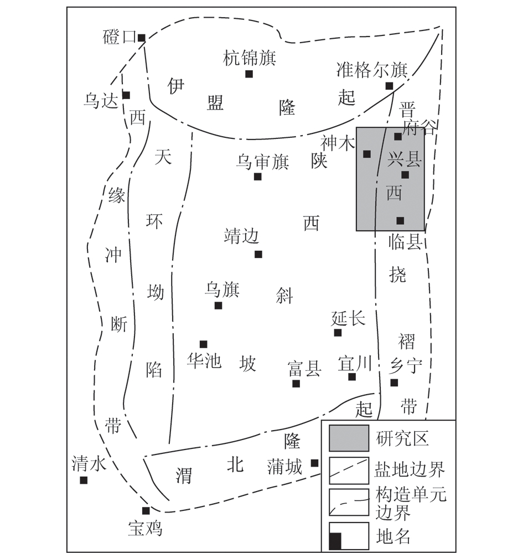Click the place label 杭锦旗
click(250, 58)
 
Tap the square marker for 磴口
click(142, 38)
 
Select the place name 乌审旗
click(262, 162)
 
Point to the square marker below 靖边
click(258, 254)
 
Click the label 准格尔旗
click(372, 70)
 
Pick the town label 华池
click(204, 360)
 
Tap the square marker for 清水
click(84, 480)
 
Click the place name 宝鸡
click(145, 529)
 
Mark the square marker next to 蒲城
click(314, 463)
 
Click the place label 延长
click(349, 319)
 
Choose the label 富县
click(304, 369)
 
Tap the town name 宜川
click(355, 364)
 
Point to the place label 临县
click(406, 242)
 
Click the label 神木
click(338, 143)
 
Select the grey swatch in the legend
click(349, 438)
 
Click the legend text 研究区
click(402, 439)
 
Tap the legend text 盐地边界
click(410, 469)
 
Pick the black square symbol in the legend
click(335, 541)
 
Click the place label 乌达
click(101, 101)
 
